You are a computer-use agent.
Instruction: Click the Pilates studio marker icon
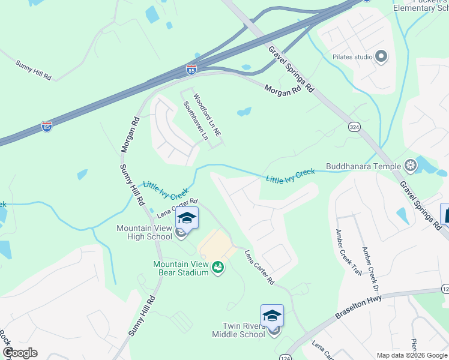pos(381,57)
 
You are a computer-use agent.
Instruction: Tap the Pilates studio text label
pos(353,57)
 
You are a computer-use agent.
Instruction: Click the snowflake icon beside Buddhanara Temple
pos(411,165)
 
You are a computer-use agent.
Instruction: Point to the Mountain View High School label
pos(144,232)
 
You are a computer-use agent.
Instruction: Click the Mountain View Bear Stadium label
pos(181,268)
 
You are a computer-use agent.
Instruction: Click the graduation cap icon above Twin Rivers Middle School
pos(272,316)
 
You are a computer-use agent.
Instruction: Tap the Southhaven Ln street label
pos(196,121)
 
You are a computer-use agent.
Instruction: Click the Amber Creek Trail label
pos(349,252)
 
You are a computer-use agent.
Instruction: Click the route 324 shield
pos(355,127)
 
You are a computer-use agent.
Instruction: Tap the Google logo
pos(20,353)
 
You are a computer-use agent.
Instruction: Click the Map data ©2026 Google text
pos(412,355)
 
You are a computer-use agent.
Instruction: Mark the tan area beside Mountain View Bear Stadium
pos(216,245)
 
